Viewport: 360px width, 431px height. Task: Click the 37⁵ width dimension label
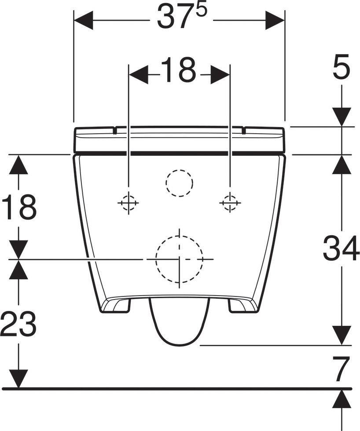click(182, 17)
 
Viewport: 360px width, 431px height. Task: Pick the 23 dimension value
click(18, 323)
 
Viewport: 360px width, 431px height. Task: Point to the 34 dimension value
click(342, 248)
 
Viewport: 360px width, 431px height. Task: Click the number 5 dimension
click(342, 67)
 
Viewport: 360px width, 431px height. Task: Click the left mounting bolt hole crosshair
click(129, 203)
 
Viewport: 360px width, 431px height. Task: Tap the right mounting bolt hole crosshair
click(230, 203)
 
